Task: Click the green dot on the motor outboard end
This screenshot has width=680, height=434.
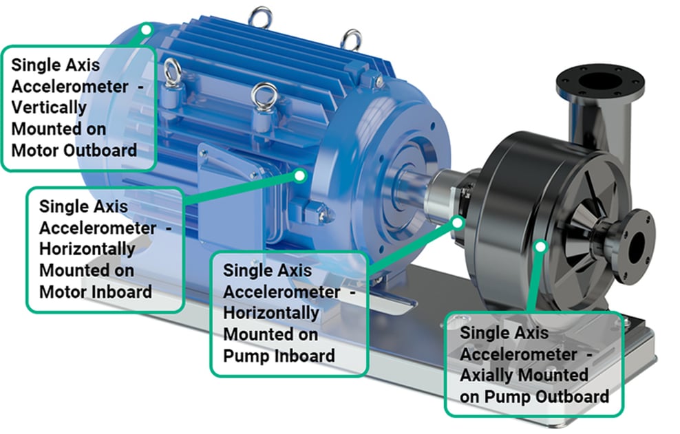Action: click(146, 29)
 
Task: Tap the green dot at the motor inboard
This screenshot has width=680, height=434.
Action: click(299, 175)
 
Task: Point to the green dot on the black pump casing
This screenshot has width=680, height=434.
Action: click(541, 245)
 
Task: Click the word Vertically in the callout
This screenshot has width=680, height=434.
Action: click(50, 108)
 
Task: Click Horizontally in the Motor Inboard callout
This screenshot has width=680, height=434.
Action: click(87, 248)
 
